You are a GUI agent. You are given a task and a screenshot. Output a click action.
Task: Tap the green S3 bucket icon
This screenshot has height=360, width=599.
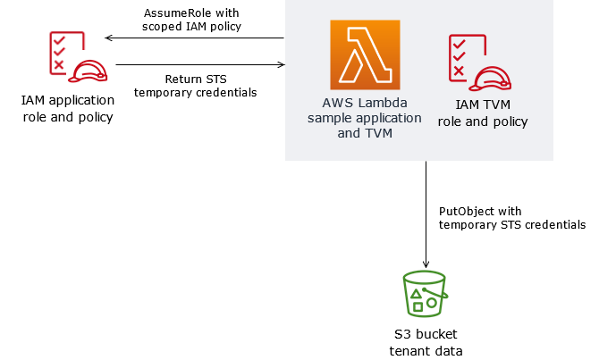coord(425,294)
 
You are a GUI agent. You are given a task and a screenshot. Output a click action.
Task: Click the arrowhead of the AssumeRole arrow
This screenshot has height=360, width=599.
coord(107,38)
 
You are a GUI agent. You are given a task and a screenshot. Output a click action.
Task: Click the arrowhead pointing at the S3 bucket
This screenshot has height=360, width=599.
coord(426,264)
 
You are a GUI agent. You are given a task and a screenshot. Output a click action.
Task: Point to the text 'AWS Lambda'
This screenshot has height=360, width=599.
coord(363,103)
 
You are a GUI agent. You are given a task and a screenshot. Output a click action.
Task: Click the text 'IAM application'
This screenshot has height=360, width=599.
coord(68,100)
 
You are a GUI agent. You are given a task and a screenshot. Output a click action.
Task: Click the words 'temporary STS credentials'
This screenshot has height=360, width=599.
coord(512,225)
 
